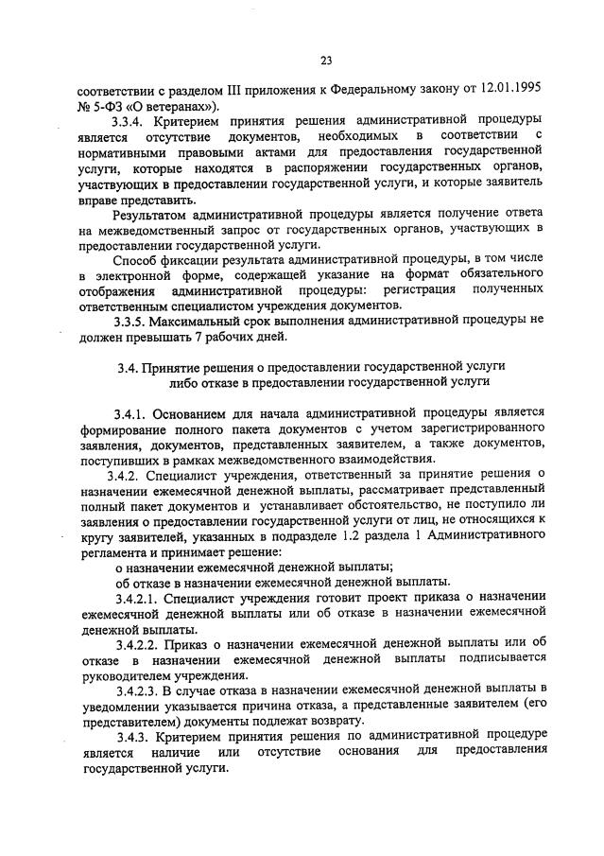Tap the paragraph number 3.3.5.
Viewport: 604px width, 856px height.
pos(129,320)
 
